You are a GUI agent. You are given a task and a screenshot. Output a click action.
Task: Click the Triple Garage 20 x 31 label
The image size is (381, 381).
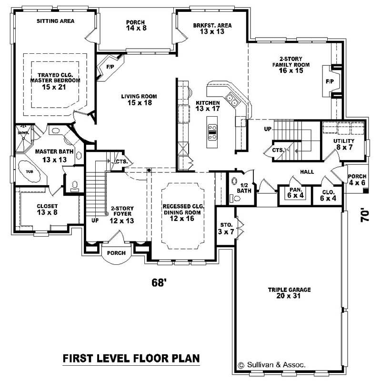coord(289,292)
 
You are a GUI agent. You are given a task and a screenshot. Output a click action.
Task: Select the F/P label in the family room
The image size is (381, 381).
coord(330,81)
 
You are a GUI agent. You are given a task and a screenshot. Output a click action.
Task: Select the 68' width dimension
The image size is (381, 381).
coord(158,282)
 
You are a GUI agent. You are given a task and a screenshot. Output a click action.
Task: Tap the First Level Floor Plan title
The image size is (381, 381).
coord(131,358)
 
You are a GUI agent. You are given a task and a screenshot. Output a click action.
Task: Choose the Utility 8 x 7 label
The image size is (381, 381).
coord(344,144)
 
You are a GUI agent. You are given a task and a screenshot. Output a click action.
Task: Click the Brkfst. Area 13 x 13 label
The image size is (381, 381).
coord(212,29)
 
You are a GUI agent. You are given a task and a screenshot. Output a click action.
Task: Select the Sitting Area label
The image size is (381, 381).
coord(55,21)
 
